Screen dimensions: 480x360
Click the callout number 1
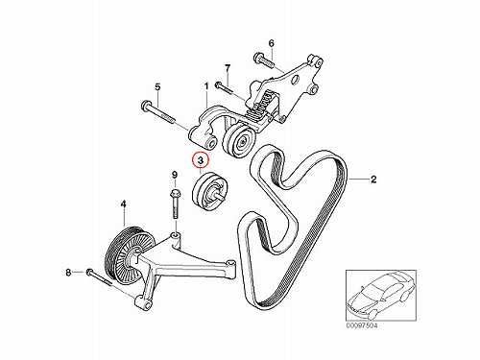coord(206,86)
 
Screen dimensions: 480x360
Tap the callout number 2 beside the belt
coord(373,180)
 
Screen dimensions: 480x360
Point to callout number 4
coord(123,204)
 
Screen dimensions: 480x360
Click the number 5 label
coord(157,86)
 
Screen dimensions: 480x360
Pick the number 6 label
coord(271,43)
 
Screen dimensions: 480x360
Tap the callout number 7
coord(228,68)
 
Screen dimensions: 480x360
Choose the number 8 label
coord(68,273)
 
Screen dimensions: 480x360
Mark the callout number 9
coord(175,175)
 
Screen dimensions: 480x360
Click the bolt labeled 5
coord(157,111)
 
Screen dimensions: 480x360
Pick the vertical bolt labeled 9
coord(175,204)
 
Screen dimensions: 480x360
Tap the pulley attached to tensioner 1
coord(238,142)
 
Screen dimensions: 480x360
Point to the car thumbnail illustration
coord(381,296)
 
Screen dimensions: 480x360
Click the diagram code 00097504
coord(362,325)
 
